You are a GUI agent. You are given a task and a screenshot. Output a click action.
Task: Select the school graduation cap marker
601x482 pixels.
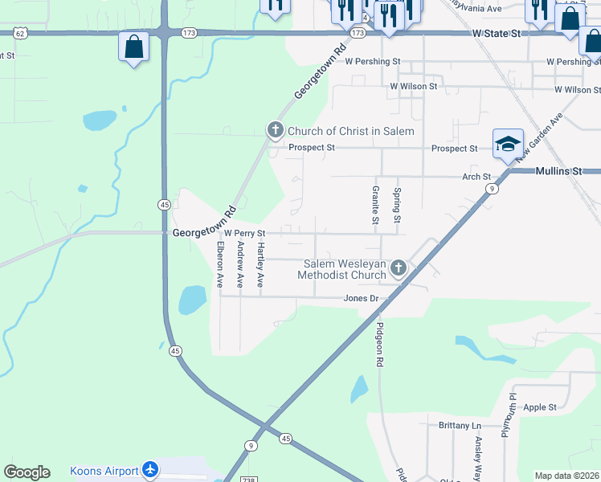508,145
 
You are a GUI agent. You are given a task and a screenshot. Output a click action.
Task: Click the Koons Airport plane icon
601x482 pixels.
149,470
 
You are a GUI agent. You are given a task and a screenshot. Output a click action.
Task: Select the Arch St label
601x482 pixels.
476,177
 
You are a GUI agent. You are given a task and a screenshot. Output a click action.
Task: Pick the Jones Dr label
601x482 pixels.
361,298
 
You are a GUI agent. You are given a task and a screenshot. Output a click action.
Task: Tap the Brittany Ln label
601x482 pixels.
460,425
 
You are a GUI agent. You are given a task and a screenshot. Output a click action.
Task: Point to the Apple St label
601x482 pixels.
540,407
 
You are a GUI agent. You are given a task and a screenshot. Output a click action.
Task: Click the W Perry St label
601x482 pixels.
244,233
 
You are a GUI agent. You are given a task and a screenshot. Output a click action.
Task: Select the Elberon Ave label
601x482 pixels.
219,264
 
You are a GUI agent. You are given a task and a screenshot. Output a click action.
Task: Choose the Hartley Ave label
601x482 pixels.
260,267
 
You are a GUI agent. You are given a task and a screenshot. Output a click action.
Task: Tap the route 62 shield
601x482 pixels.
22,33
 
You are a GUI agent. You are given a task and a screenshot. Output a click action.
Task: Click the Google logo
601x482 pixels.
27,472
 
